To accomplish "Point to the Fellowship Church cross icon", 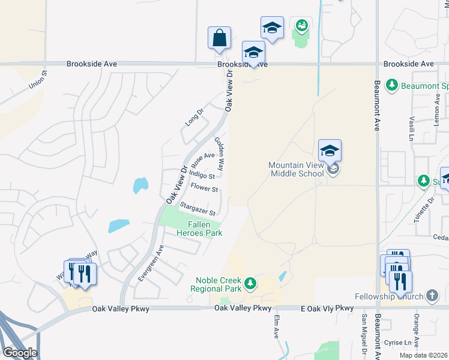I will click(x=432, y=295).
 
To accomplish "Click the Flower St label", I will click(x=204, y=188).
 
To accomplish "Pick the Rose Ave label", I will click(x=203, y=160).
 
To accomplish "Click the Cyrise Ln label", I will click(x=395, y=342).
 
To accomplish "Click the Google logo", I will click(x=20, y=353).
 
